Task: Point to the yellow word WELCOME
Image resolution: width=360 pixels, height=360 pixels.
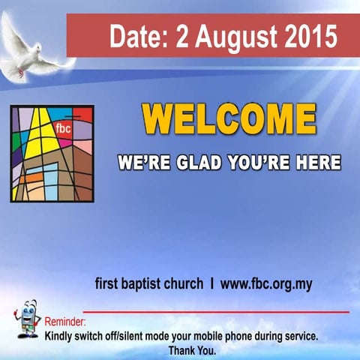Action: [229, 121]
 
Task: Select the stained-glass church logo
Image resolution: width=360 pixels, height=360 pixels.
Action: [52, 154]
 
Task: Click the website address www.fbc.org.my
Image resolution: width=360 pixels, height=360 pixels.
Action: [266, 284]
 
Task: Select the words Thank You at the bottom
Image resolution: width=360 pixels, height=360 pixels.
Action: [192, 350]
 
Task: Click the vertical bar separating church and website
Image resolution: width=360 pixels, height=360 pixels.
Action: [212, 284]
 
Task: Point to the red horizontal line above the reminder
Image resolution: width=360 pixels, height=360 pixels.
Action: [217, 311]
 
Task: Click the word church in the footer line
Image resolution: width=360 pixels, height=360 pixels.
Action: [185, 284]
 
